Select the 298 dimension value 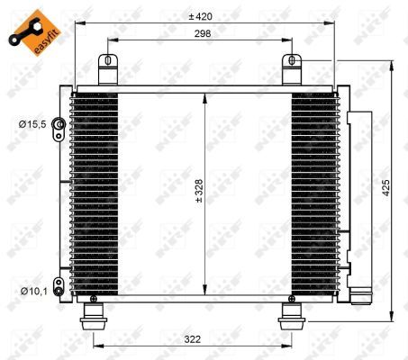pos(202,33)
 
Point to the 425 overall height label pos(385,190)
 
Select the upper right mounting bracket pos(292,69)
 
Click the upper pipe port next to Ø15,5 pos(59,124)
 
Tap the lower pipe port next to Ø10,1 pos(58,290)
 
